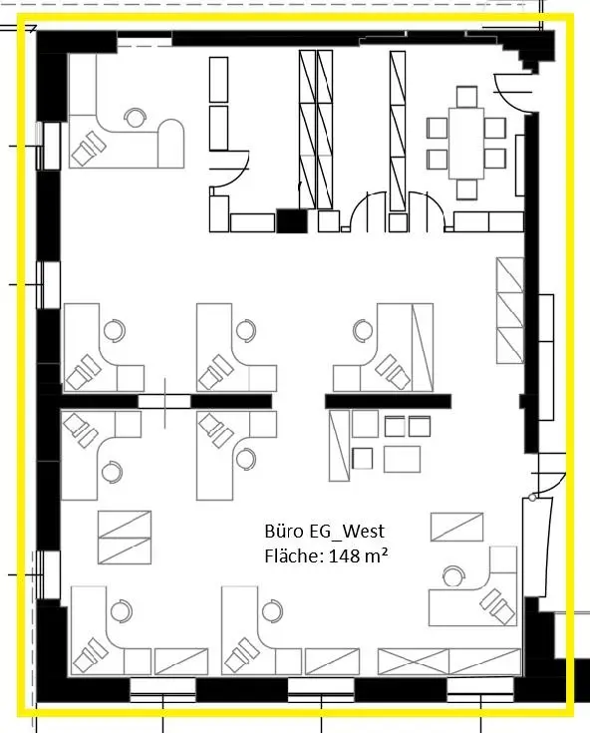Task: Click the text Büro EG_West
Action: click(324, 532)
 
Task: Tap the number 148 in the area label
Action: click(339, 555)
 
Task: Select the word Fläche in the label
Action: click(290, 555)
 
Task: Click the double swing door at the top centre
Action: click(400, 212)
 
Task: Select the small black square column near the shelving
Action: click(290, 221)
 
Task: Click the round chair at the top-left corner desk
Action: click(134, 118)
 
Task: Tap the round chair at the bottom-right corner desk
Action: click(454, 574)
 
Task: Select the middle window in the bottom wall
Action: click(321, 690)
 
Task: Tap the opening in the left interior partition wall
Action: click(163, 401)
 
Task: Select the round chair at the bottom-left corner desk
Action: click(121, 609)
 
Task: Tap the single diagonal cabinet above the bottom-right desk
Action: click(456, 527)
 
